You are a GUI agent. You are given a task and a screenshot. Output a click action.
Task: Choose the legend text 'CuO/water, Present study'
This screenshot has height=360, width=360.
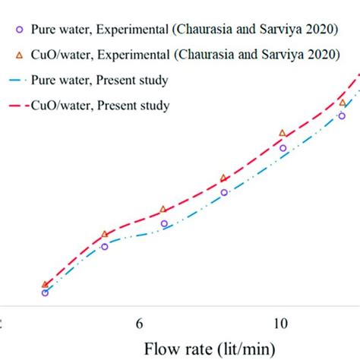tap(101, 106)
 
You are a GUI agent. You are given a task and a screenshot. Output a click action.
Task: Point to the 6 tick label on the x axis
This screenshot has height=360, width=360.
tap(140, 324)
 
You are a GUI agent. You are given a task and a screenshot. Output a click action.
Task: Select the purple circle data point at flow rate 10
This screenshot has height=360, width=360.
tap(283, 148)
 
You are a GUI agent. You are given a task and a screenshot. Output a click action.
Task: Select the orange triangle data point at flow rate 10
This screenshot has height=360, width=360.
tap(283, 133)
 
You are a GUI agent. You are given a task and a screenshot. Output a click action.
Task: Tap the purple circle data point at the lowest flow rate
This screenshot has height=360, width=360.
tap(45, 292)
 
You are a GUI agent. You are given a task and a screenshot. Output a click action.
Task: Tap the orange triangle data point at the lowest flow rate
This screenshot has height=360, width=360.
tap(45, 283)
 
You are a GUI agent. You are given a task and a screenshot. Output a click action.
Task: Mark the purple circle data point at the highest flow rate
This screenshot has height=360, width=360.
tap(342, 115)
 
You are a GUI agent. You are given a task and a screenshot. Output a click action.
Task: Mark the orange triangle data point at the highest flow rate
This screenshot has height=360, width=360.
tap(342, 102)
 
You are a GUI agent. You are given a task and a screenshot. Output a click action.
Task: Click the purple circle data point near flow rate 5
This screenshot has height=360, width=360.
tap(105, 246)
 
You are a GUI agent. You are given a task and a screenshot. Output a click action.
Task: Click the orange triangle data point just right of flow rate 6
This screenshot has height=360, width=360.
tap(163, 209)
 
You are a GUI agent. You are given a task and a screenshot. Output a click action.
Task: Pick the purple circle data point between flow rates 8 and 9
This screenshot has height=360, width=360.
tap(224, 193)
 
